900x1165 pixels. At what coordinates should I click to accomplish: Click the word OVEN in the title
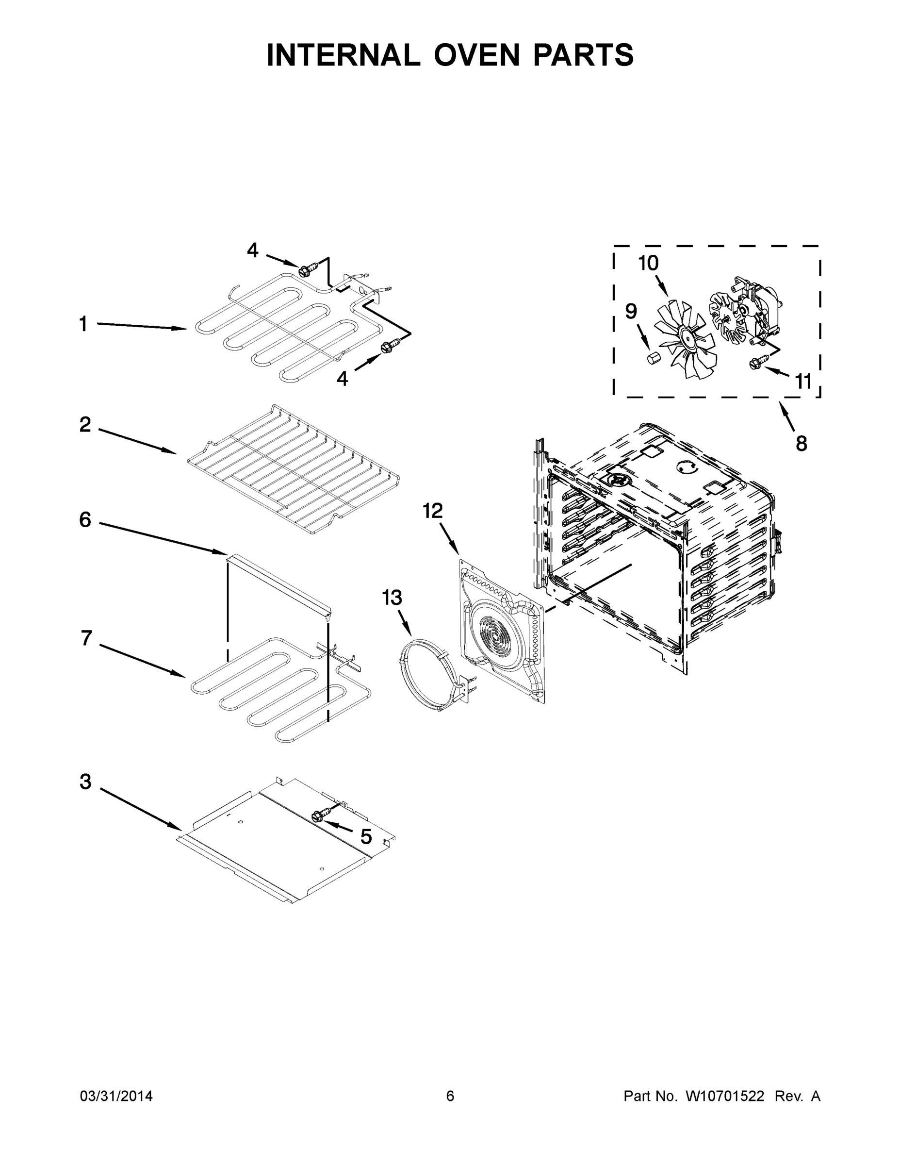pos(476,55)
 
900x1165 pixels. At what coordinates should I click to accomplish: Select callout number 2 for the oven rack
pos(85,425)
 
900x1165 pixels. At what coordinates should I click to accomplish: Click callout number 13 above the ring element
pos(392,598)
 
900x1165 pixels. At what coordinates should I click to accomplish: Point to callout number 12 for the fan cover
pos(433,511)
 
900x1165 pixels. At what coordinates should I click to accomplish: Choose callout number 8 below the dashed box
pos(802,443)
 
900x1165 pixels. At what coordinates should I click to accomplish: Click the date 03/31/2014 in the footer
pos(116,1096)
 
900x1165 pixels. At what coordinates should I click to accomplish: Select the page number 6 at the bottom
pos(450,1096)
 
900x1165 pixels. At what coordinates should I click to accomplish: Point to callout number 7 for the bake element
pos(86,637)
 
